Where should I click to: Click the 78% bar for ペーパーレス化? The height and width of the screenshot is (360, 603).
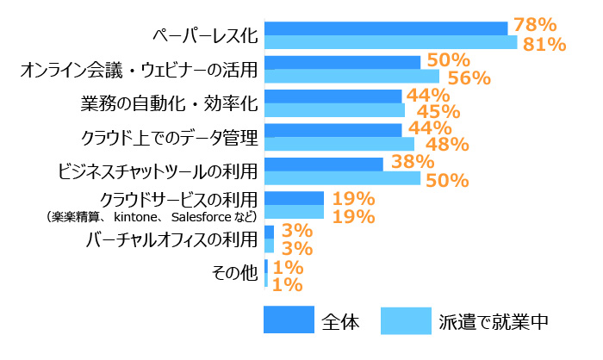(386, 28)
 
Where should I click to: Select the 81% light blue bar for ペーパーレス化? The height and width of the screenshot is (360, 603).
(390, 42)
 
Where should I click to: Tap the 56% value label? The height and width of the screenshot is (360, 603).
(469, 78)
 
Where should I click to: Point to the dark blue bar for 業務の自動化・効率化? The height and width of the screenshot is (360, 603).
(333, 96)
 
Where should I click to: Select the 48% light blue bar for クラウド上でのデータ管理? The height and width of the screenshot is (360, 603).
(339, 144)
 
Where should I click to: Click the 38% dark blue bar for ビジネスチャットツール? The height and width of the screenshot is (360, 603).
(323, 164)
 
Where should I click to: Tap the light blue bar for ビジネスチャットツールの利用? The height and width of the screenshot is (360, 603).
(342, 178)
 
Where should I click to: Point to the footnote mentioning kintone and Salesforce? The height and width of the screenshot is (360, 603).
(152, 216)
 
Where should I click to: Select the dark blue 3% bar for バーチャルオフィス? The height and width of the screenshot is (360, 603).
(269, 232)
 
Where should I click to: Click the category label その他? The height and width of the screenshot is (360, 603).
(234, 273)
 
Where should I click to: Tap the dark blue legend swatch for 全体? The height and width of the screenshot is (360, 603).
(289, 320)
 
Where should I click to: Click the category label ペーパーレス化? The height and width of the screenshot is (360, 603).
(204, 35)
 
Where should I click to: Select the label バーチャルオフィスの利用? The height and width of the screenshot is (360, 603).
(172, 238)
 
